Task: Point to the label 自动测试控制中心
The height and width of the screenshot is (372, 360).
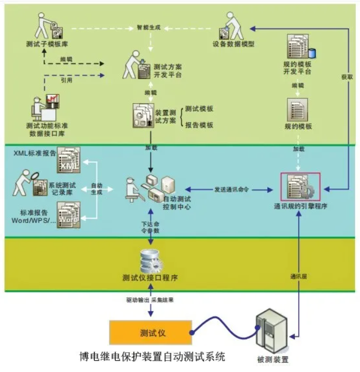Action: (x=177, y=202)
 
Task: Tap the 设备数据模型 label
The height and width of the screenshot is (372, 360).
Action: (x=233, y=43)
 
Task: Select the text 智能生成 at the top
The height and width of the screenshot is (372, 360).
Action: (x=149, y=25)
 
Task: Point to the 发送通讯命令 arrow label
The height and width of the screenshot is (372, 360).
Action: (x=231, y=189)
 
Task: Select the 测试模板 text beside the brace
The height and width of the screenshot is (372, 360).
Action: (x=199, y=109)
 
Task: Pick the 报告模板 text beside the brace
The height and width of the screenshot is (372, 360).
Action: (x=199, y=125)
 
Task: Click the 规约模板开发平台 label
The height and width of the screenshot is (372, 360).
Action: (x=297, y=67)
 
